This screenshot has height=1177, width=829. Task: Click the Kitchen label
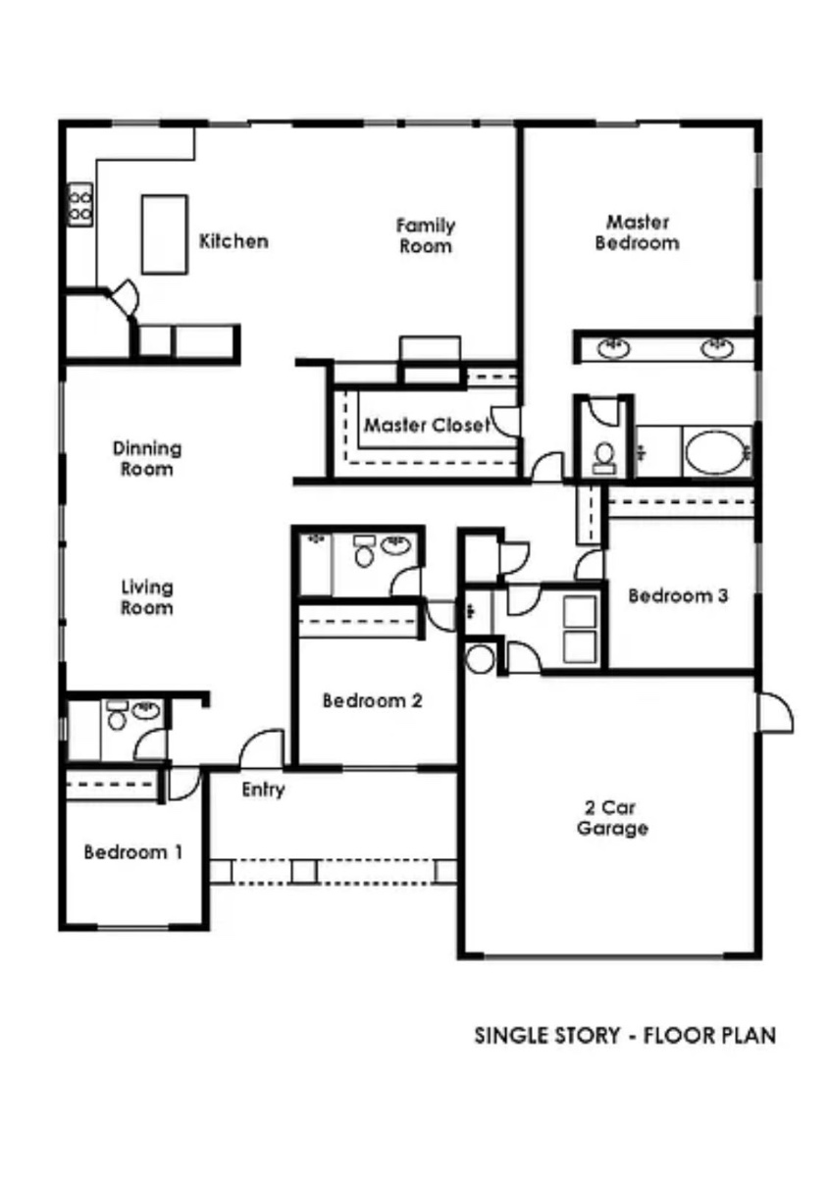pyautogui.click(x=233, y=241)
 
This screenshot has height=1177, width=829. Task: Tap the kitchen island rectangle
pyautogui.click(x=165, y=234)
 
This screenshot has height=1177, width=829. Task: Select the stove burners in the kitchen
pyautogui.click(x=80, y=205)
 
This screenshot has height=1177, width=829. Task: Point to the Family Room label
pyautogui.click(x=425, y=236)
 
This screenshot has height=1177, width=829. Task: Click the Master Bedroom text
pyautogui.click(x=637, y=232)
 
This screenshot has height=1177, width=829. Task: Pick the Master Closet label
pyautogui.click(x=427, y=425)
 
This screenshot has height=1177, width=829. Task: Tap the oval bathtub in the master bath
pyautogui.click(x=717, y=453)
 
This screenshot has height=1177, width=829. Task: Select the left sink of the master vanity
pyautogui.click(x=614, y=348)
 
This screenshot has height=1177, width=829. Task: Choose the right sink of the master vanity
pyautogui.click(x=717, y=348)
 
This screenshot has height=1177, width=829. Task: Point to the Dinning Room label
pyautogui.click(x=147, y=458)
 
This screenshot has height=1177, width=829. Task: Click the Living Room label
pyautogui.click(x=146, y=597)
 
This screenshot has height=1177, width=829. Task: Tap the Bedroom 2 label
pyautogui.click(x=372, y=700)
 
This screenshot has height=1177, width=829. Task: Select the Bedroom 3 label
pyautogui.click(x=678, y=595)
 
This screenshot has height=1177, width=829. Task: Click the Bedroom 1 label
pyautogui.click(x=133, y=851)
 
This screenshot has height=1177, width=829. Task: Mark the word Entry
pyautogui.click(x=263, y=790)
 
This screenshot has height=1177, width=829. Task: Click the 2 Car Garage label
pyautogui.click(x=612, y=818)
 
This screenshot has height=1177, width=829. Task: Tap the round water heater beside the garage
pyautogui.click(x=480, y=659)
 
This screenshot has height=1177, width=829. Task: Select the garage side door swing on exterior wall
pyautogui.click(x=775, y=712)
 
